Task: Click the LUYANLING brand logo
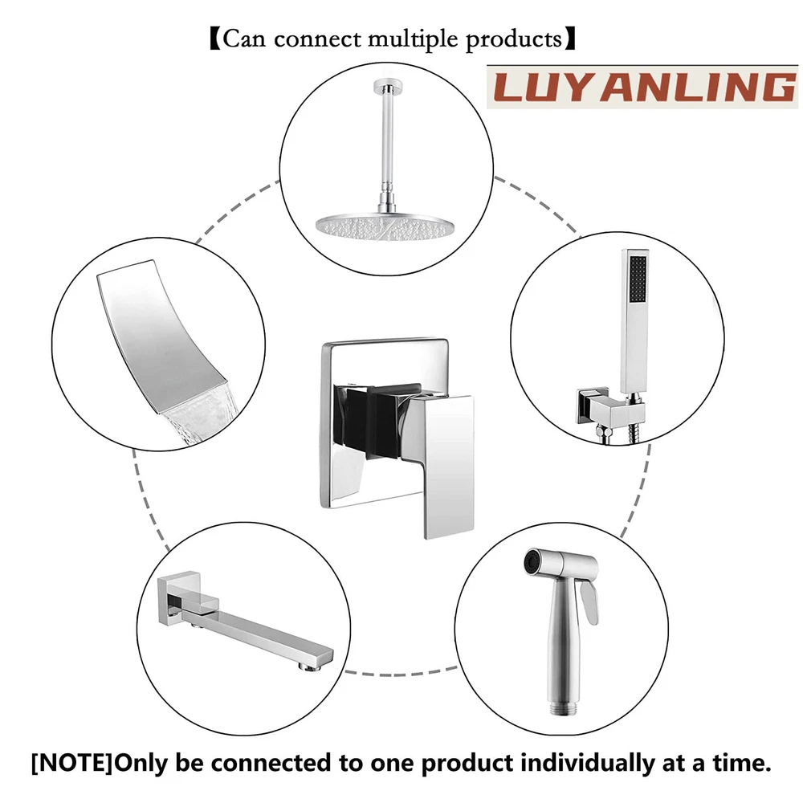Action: [x=642, y=87]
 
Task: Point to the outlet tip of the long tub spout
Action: [x=312, y=666]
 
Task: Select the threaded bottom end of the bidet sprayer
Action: [x=564, y=708]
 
